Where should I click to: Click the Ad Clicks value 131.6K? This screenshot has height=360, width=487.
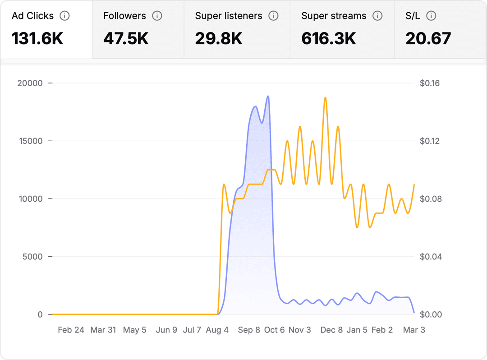(x=37, y=39)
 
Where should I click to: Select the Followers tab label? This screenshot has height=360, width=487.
(x=124, y=16)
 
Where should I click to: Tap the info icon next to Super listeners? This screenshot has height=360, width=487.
(x=273, y=16)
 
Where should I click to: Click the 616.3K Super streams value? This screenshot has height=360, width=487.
(x=329, y=39)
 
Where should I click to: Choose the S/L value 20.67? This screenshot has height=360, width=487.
(x=428, y=39)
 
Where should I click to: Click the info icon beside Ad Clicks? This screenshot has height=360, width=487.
(x=65, y=16)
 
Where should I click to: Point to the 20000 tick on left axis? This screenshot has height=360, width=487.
(x=29, y=83)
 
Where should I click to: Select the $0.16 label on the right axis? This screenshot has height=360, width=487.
(x=429, y=83)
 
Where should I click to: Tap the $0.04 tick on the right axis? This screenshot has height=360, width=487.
(x=429, y=257)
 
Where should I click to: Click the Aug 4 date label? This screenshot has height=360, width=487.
(x=217, y=330)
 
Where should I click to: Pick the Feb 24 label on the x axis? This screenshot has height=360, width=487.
(x=71, y=330)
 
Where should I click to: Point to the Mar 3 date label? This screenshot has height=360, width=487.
(x=413, y=330)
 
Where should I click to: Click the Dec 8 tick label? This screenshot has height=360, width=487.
(x=331, y=330)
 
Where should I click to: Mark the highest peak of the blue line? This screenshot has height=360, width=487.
(x=268, y=96)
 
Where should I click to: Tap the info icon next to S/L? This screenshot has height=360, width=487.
(x=431, y=16)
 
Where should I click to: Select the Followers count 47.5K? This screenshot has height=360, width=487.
(x=126, y=39)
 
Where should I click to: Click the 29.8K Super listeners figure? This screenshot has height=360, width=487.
(x=219, y=39)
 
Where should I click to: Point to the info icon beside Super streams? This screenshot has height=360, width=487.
(x=378, y=16)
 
